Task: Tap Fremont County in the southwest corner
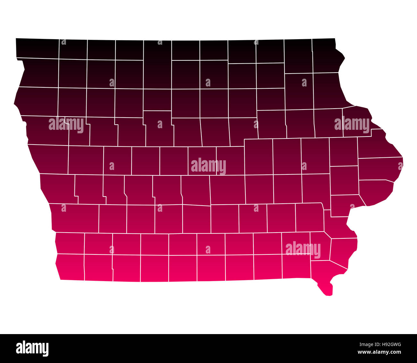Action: coord(70,267)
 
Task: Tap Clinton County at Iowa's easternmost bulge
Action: coord(380,169)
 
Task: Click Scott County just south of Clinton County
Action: coord(375,191)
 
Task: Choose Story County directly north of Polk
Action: coord(202,161)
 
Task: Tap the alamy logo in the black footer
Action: coord(32,349)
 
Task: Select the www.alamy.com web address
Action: coord(379,352)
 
